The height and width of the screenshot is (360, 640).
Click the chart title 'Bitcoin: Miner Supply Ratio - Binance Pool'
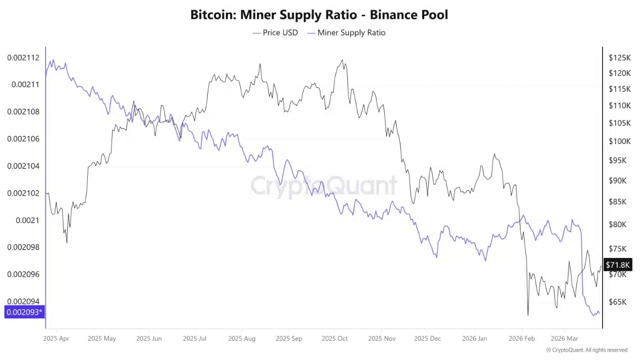click(x=319, y=15)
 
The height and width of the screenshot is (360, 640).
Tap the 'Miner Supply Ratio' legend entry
click(x=351, y=33)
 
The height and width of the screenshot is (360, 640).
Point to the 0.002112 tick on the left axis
click(x=23, y=58)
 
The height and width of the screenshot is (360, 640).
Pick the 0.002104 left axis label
click(x=23, y=166)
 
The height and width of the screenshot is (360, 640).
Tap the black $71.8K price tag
click(x=618, y=265)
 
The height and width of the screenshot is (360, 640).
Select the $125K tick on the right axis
click(x=620, y=58)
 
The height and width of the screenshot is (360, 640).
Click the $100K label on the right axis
click(x=620, y=141)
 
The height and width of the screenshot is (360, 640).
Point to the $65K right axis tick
click(x=618, y=302)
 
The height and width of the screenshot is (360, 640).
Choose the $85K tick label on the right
click(x=618, y=202)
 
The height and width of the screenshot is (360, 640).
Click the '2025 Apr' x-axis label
click(x=57, y=338)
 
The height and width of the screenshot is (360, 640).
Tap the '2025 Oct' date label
click(x=334, y=338)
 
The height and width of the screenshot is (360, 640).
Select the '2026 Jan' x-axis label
click(x=475, y=338)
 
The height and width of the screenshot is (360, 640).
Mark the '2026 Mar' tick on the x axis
click(x=564, y=338)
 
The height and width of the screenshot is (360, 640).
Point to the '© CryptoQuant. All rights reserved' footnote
click(x=587, y=350)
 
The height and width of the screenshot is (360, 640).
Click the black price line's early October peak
click(x=343, y=60)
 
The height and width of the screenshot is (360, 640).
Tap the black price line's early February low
click(x=528, y=315)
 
